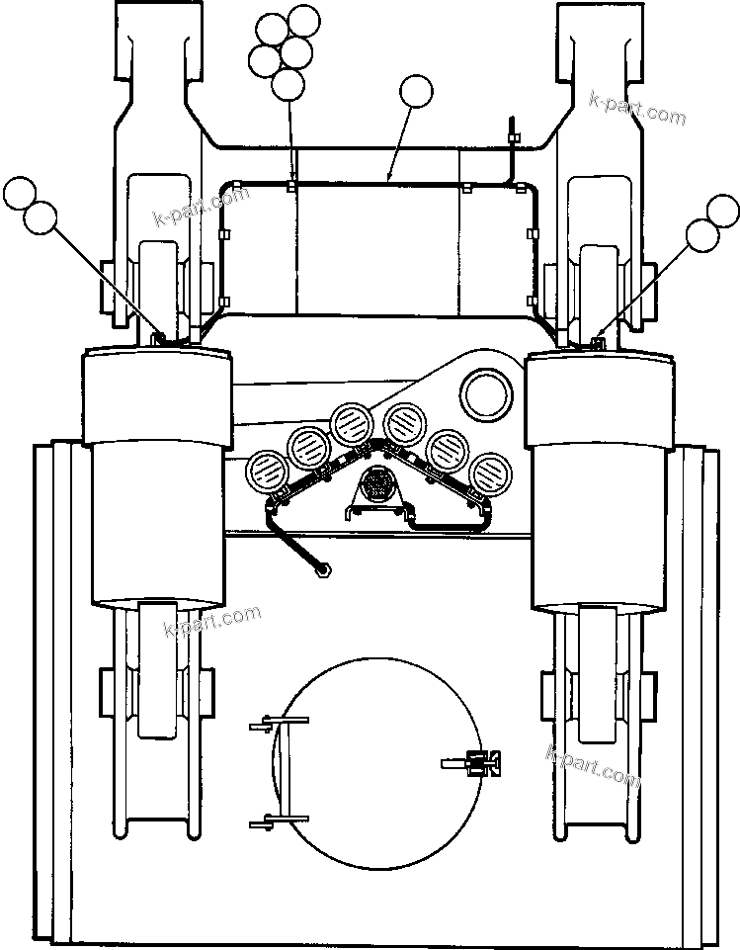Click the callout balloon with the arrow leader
[416, 93]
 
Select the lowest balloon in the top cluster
[288, 84]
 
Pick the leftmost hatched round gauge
[265, 470]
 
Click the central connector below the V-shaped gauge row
[375, 486]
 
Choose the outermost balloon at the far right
[723, 211]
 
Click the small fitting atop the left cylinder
[156, 339]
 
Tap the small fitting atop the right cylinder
[596, 342]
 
